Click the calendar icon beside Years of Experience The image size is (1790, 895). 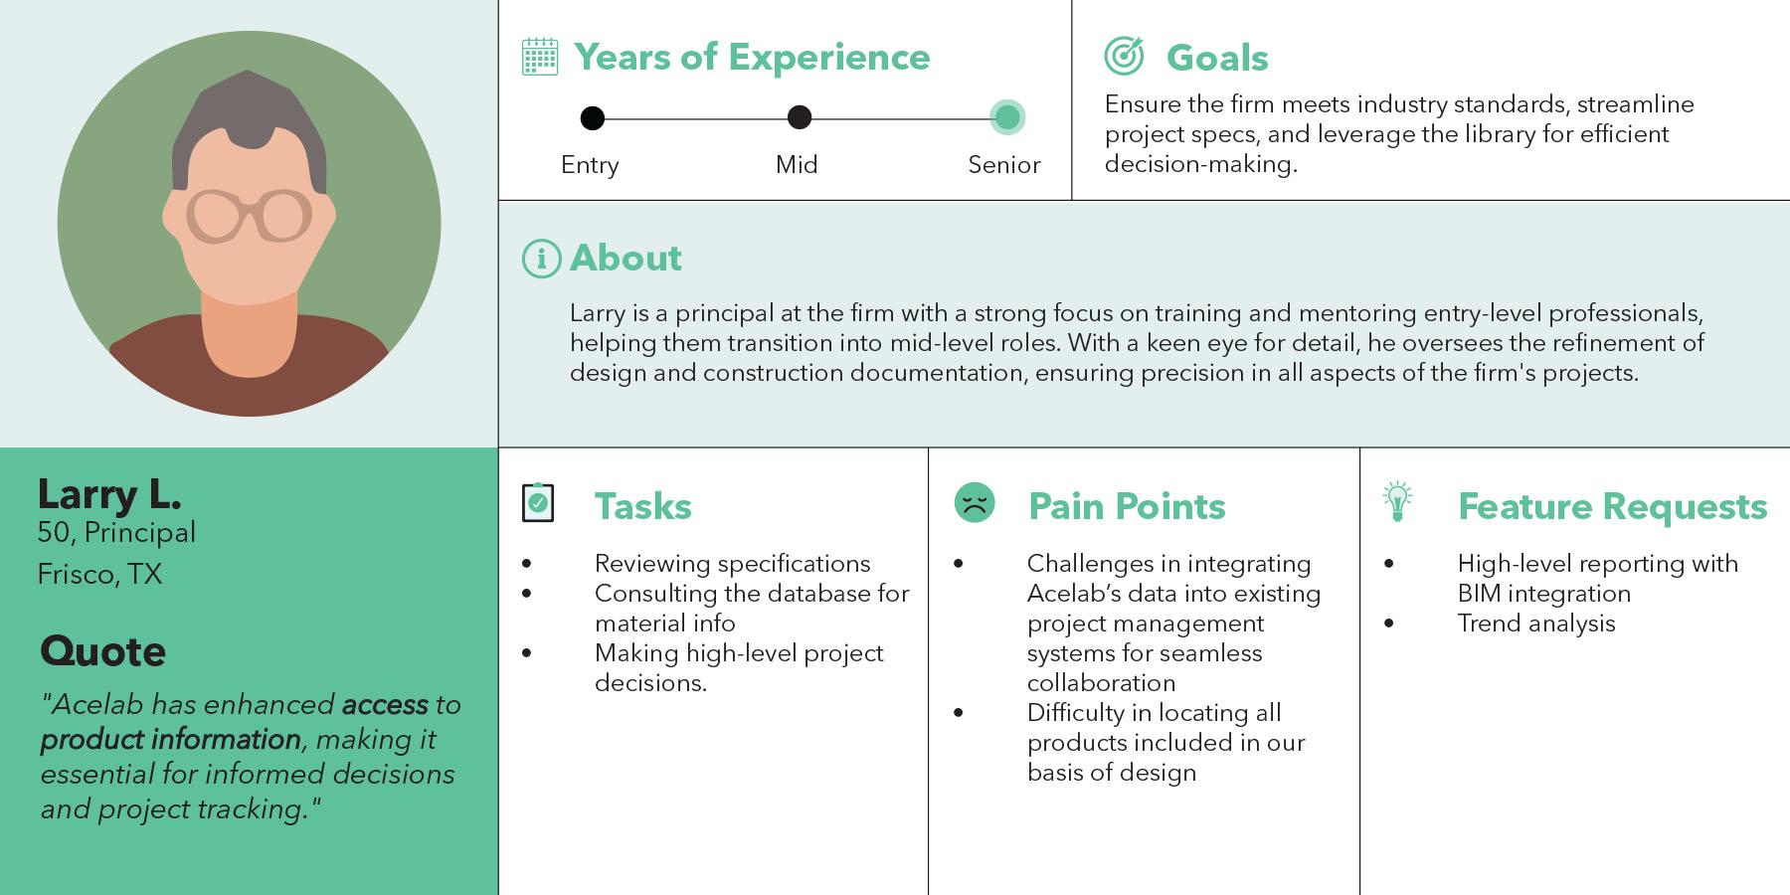(x=540, y=57)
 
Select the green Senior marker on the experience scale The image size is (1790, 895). (x=1007, y=117)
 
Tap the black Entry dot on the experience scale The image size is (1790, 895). (x=592, y=118)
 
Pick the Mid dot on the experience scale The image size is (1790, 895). (x=799, y=117)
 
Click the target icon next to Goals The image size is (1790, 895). (x=1124, y=56)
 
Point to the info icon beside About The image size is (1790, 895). (x=541, y=259)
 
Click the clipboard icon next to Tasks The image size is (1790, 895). (x=538, y=502)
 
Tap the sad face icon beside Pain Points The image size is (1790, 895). (x=975, y=502)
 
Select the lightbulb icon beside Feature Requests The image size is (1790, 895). (x=1397, y=501)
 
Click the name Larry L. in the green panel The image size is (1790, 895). (x=109, y=494)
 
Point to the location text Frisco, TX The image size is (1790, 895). (x=99, y=574)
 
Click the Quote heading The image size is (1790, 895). (x=102, y=651)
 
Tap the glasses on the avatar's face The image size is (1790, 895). (x=249, y=215)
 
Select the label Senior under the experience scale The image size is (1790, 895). (x=1004, y=165)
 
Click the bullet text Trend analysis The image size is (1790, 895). (x=1536, y=624)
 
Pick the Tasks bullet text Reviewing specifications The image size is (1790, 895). (x=733, y=564)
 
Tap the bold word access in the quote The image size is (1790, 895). (x=385, y=704)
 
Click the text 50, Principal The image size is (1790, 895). (x=116, y=533)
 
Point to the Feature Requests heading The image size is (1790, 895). (x=1613, y=506)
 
